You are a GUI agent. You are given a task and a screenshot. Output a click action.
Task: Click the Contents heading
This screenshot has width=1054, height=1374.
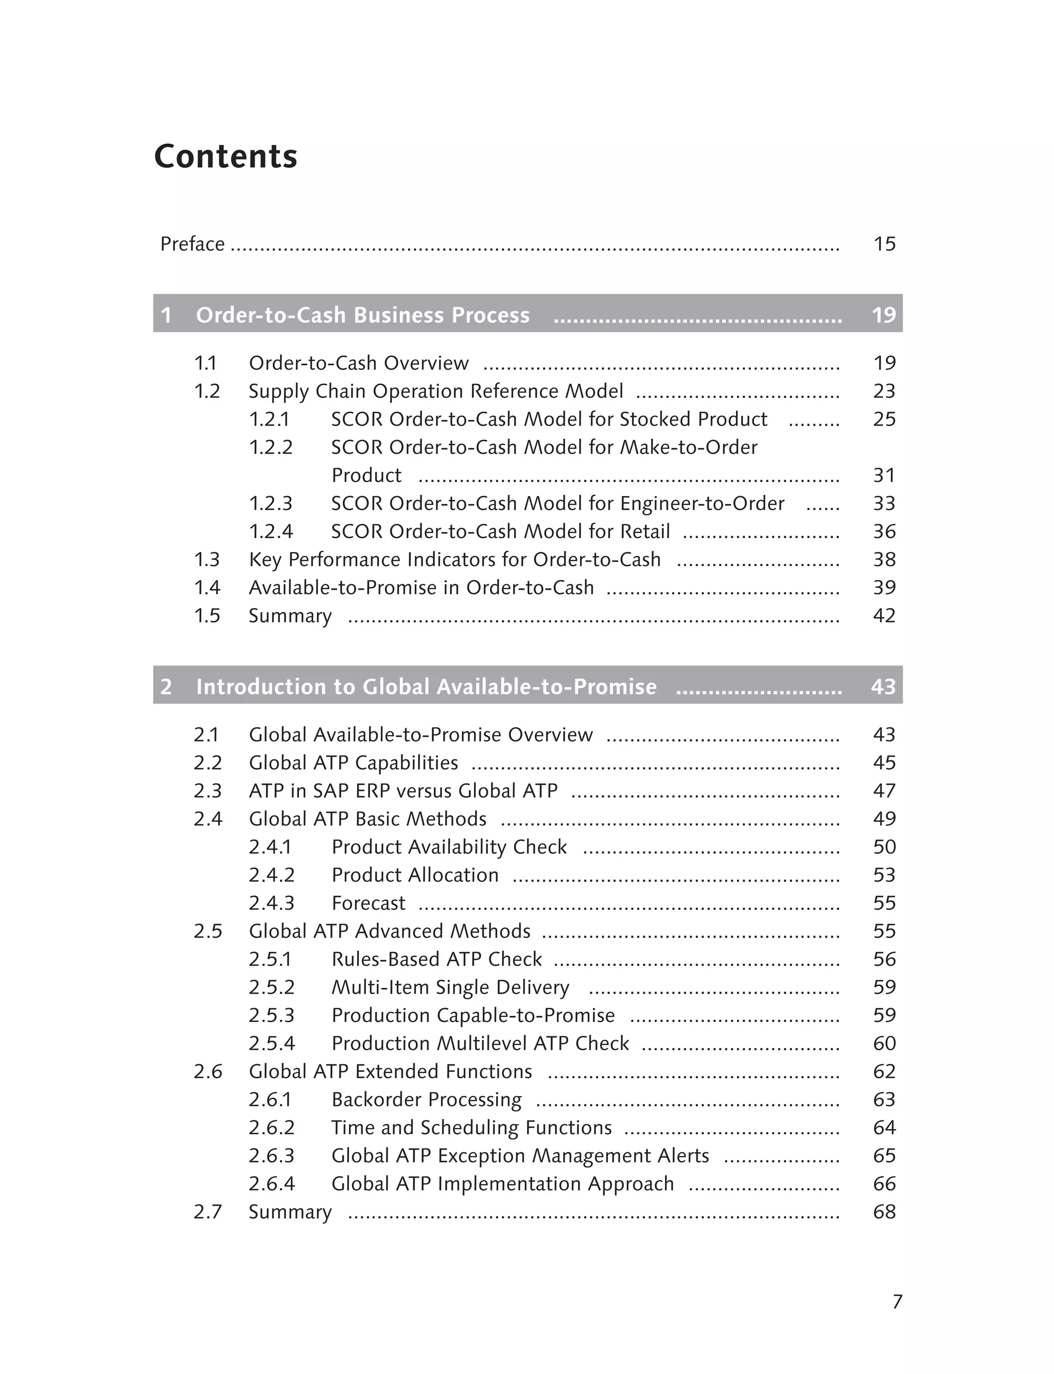pos(225,156)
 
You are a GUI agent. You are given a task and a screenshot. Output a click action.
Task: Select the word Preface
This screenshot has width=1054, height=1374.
pos(192,243)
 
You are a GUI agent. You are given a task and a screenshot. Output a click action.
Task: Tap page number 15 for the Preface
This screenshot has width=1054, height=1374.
pos(884,243)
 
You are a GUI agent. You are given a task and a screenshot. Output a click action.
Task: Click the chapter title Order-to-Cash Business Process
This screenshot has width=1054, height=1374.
pos(363,314)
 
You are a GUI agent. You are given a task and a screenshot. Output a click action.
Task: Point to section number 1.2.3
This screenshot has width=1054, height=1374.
pos(270,503)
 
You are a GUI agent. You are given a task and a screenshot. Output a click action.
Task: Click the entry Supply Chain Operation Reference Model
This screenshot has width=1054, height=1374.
pos(436,391)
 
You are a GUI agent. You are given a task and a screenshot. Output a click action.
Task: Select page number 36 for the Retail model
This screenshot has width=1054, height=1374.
pos(884,532)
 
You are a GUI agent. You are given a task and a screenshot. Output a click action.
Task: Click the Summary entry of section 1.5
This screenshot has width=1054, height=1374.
pos(290,615)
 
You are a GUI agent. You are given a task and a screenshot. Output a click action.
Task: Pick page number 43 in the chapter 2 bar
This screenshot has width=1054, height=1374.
pos(883,686)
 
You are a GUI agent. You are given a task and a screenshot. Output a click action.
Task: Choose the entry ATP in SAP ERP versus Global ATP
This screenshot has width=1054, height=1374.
pos(403,790)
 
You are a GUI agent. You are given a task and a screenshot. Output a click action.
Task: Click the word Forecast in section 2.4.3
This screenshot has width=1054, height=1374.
pos(368,903)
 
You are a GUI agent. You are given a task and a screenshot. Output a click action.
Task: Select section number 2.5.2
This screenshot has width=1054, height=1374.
pos(271,987)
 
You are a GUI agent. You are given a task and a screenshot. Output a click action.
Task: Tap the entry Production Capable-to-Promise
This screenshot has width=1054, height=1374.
pos(473,1015)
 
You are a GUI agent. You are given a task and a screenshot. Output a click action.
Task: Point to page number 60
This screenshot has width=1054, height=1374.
pos(884,1043)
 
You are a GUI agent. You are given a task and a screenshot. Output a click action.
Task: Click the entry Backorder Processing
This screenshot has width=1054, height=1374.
pos(427,1099)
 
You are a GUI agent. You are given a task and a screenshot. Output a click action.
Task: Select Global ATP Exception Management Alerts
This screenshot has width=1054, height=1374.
pos(520,1156)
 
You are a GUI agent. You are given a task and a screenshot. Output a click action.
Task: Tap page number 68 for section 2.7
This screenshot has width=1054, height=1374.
pos(884,1211)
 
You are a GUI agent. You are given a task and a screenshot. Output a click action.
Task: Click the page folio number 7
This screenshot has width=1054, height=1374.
pos(897,1302)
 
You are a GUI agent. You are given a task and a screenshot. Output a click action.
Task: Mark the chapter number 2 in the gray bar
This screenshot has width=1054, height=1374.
pos(166,686)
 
